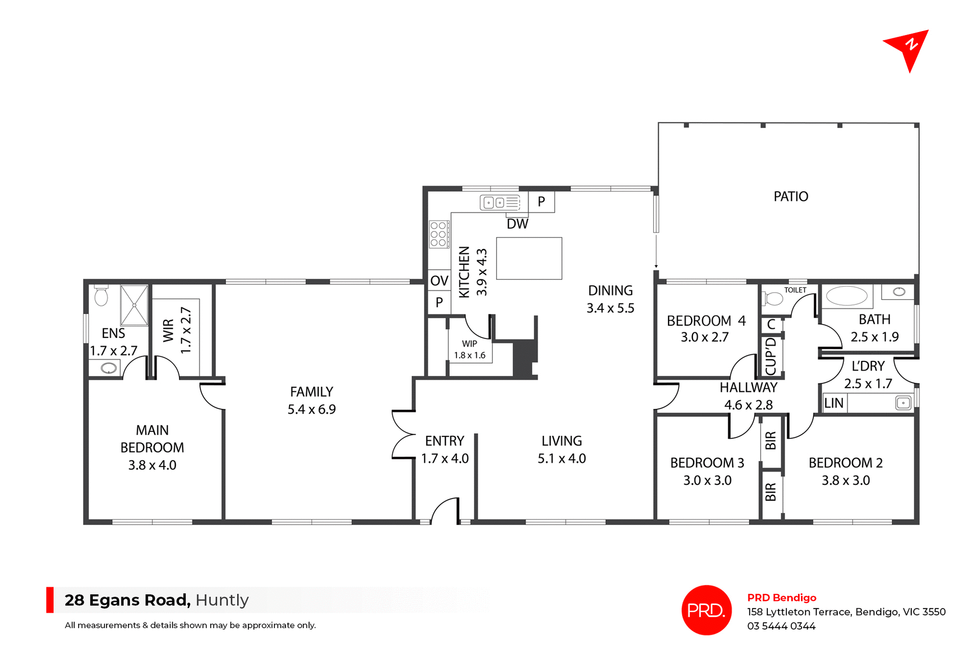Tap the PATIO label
point(790,197)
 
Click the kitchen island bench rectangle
point(529,258)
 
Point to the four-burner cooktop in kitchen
point(439,234)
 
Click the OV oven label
point(439,280)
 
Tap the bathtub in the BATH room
point(846,296)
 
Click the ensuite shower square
point(134,305)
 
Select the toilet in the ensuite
point(101,296)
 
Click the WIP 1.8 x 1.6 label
point(470,350)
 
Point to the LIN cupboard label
point(834,403)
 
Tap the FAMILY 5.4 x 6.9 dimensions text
point(312,409)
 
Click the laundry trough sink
point(903,403)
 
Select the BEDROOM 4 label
point(706,321)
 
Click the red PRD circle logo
point(706,610)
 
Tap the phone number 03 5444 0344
point(781,626)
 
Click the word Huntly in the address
point(222,600)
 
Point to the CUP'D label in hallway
point(771,356)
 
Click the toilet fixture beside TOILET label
point(774,298)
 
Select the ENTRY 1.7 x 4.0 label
point(445,450)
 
